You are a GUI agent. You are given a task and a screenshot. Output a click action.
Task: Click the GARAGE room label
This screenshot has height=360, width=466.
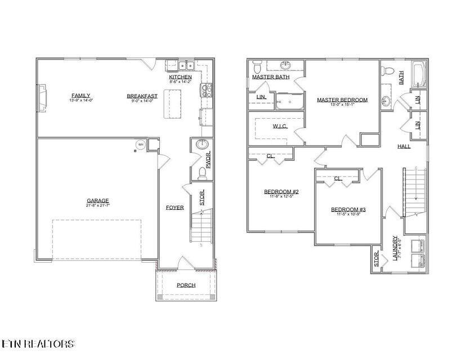pyautogui.click(x=97, y=200)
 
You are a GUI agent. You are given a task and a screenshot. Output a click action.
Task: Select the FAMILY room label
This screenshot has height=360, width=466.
pyautogui.click(x=80, y=95)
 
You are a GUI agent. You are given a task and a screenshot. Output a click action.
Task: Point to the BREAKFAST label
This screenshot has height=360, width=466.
pyautogui.click(x=142, y=96)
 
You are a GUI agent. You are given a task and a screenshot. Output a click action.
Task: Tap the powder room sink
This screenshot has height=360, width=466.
pyautogui.click(x=202, y=145)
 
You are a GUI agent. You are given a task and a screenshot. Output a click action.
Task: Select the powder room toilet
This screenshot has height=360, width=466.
pyautogui.click(x=201, y=171)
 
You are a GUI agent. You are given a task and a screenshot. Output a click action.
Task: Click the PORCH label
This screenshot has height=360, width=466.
pyautogui.click(x=186, y=285)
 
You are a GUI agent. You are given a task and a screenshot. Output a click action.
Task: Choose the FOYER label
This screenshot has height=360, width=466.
pyautogui.click(x=174, y=208)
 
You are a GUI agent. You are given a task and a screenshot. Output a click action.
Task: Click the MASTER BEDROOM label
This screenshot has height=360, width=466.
pyautogui.click(x=342, y=100)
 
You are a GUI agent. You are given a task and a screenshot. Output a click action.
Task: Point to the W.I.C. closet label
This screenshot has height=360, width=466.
pyautogui.click(x=280, y=126)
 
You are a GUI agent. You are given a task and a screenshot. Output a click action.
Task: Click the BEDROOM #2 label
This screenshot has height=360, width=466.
pyautogui.click(x=281, y=191)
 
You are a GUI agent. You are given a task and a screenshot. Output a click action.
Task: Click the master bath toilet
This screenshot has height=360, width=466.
pyautogui.click(x=257, y=64)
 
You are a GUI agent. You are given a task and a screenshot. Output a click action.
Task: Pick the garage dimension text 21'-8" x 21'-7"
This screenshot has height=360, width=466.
pyautogui.click(x=97, y=206)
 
